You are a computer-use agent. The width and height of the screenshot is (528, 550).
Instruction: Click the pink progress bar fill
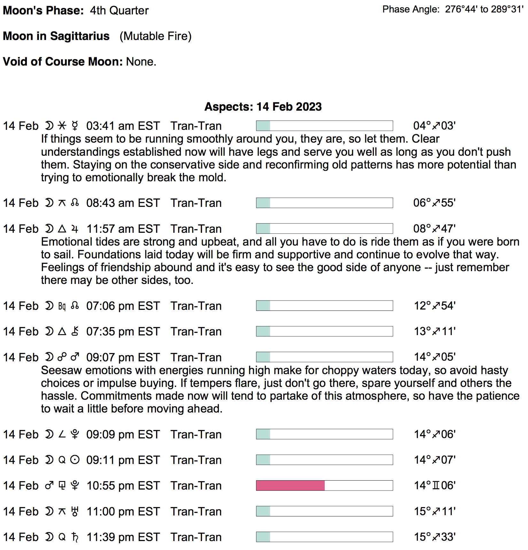click(290, 485)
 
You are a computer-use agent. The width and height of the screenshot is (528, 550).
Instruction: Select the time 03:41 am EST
click(123, 126)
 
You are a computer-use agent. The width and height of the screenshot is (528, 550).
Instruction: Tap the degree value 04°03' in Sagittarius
click(434, 126)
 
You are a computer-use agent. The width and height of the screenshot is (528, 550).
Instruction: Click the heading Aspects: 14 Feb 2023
click(263, 106)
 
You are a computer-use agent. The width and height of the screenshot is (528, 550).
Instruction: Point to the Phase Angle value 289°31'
click(507, 9)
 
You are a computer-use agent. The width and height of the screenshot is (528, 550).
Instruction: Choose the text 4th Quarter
click(119, 11)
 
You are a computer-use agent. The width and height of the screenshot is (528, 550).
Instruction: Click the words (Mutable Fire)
click(155, 36)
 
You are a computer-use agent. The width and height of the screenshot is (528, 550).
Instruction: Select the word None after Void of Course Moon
click(141, 61)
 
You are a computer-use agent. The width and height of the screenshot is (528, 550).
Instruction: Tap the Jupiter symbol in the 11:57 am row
click(75, 229)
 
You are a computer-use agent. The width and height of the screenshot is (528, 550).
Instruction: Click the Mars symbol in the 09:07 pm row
click(75, 357)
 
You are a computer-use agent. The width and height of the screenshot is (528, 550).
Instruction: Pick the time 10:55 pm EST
click(123, 486)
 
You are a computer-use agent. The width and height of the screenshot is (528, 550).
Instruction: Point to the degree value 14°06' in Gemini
click(435, 485)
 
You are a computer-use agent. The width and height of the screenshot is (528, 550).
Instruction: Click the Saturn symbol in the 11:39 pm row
click(75, 537)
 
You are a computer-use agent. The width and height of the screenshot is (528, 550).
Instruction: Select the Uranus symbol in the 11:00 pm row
click(75, 511)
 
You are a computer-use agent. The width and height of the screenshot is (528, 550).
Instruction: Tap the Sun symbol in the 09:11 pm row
click(75, 460)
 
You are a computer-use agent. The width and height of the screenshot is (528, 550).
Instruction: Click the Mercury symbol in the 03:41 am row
click(75, 126)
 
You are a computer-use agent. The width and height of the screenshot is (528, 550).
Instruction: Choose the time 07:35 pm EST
click(123, 332)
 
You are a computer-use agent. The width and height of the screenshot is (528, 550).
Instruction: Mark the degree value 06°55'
click(434, 203)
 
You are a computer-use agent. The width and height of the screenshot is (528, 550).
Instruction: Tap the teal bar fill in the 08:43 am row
click(263, 203)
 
